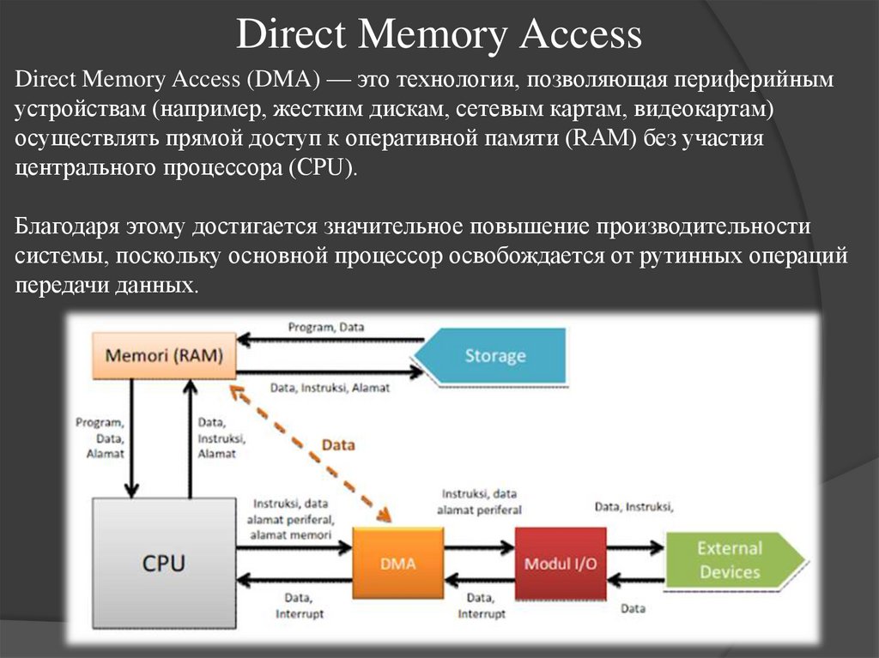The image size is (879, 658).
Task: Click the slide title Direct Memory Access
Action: [439, 35]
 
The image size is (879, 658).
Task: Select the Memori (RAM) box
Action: [163, 354]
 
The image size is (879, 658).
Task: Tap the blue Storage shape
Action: [495, 355]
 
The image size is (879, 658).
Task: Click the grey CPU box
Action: [162, 564]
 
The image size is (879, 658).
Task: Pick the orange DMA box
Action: [398, 564]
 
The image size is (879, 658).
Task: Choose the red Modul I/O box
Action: [560, 564]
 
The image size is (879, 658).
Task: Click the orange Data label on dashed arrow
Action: [337, 445]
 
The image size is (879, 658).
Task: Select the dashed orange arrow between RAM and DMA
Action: [309, 451]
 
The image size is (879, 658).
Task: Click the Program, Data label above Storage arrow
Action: [325, 327]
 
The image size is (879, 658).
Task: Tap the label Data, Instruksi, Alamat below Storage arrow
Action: [330, 388]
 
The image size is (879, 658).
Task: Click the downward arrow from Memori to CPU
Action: [131, 438]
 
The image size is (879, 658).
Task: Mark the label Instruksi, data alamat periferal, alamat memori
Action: [293, 518]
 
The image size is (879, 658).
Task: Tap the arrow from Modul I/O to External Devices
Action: [634, 546]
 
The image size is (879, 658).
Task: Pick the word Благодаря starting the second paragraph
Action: [66, 227]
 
